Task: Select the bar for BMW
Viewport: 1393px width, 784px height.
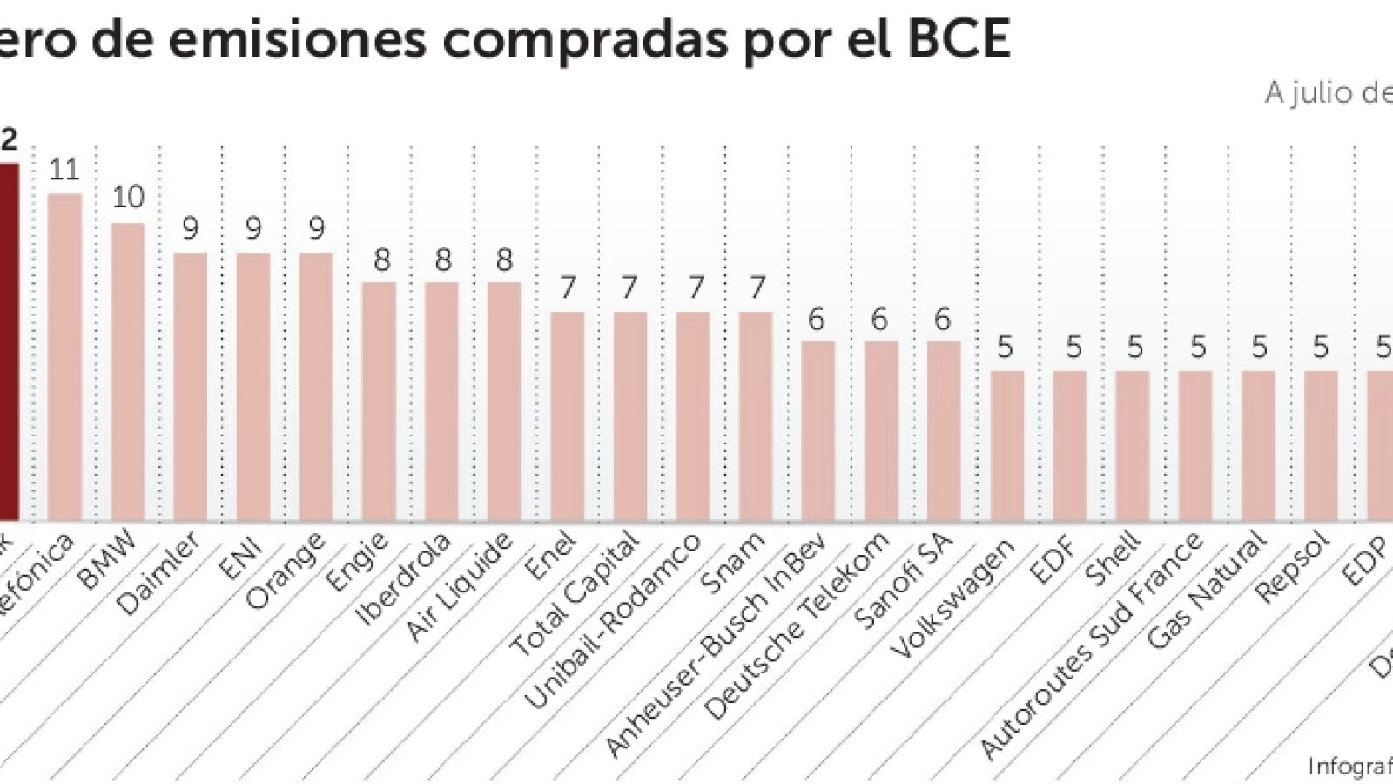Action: [x=128, y=372]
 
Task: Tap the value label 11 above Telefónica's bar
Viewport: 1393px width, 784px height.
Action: [x=64, y=169]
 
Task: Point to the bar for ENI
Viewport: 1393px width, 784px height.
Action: [x=253, y=387]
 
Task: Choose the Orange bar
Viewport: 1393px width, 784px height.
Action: [x=316, y=387]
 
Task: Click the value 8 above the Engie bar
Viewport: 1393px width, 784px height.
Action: [x=381, y=260]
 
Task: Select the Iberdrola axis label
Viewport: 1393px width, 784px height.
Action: [x=404, y=579]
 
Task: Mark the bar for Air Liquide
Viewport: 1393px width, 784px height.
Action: [x=504, y=402]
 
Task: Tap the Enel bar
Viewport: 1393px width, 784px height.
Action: [x=568, y=416]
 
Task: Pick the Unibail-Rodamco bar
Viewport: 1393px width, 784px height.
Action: [x=693, y=416]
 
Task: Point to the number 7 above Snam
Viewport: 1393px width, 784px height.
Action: [x=757, y=287]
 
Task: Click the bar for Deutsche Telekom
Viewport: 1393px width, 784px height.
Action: [x=881, y=431]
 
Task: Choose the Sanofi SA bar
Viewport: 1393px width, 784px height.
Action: [x=944, y=431]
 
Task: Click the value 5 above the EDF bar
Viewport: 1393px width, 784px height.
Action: [x=1073, y=348]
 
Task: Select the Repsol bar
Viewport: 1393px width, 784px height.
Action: [x=1321, y=446]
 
